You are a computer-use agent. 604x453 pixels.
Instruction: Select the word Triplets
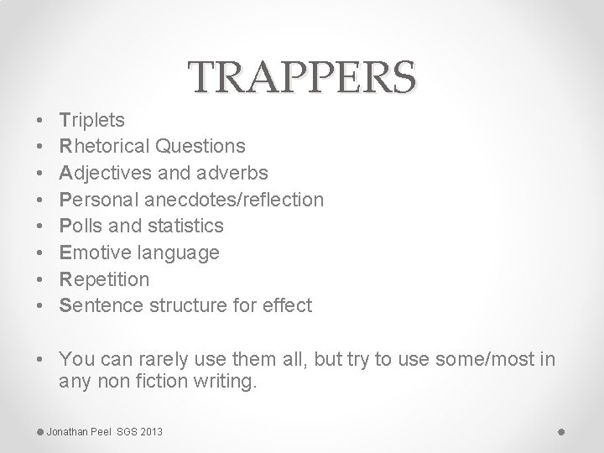[92, 120]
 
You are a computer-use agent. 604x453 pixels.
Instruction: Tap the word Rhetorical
[105, 147]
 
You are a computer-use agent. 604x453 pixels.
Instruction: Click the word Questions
[200, 147]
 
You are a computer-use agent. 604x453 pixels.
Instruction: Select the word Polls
[80, 226]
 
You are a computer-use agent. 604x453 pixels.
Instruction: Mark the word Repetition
[104, 279]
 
